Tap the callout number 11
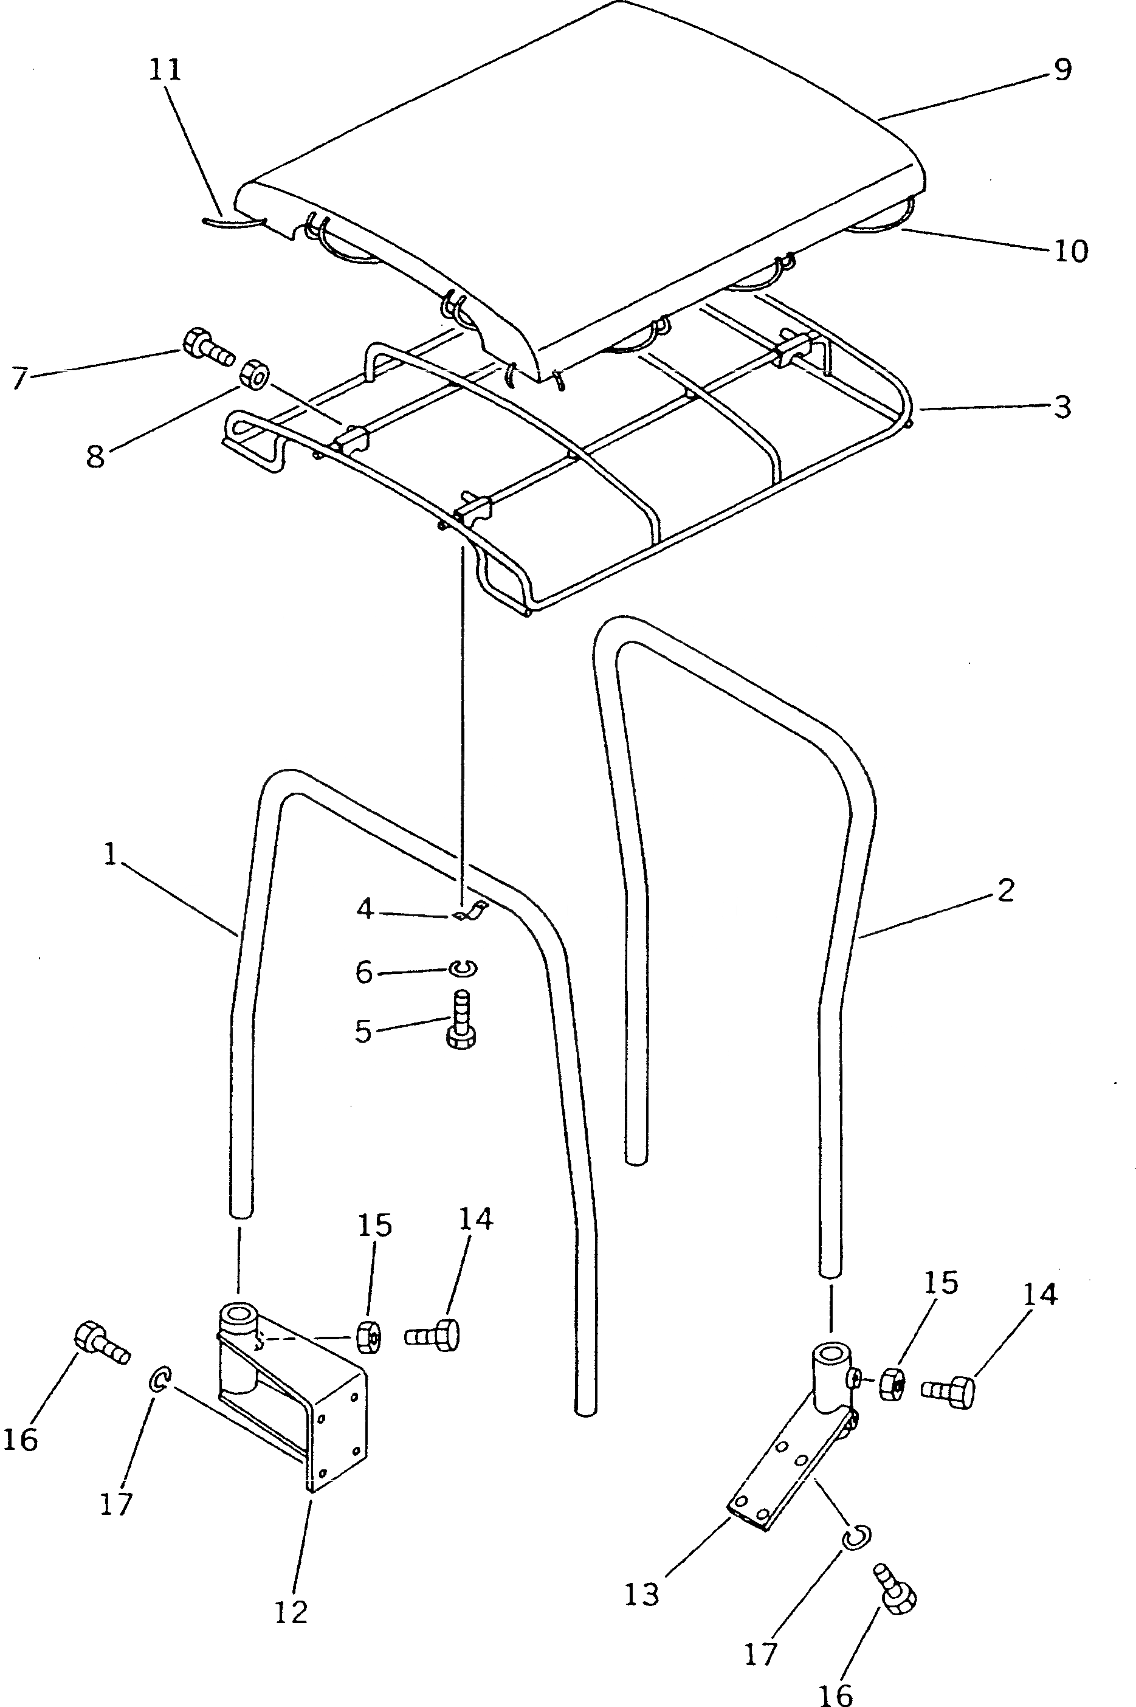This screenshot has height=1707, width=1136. tap(165, 71)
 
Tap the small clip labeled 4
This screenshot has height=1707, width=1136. tap(469, 911)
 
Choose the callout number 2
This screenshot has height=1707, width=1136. tap(1005, 891)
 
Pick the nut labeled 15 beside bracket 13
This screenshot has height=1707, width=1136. tap(892, 1385)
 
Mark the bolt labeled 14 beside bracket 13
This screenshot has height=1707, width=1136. tap(948, 1389)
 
